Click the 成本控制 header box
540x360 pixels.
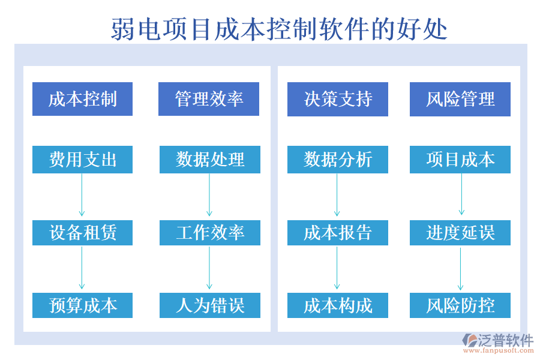(x=82, y=99)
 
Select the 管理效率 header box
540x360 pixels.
(x=209, y=99)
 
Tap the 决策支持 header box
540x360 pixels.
(x=338, y=99)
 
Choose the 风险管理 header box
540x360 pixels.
(x=460, y=99)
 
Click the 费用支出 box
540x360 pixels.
(x=82, y=160)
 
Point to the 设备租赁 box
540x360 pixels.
(x=82, y=233)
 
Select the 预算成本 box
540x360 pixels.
(x=82, y=305)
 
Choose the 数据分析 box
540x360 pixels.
(x=338, y=160)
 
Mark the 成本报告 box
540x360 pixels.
(x=338, y=233)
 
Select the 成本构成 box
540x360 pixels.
(x=338, y=305)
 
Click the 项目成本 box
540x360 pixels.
(x=460, y=160)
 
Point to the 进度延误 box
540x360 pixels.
(x=460, y=233)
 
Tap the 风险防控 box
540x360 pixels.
(x=460, y=305)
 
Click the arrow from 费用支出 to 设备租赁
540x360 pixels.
(x=82, y=196)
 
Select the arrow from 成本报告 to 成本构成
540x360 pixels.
(x=337, y=268)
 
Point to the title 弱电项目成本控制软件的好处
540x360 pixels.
(x=279, y=29)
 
